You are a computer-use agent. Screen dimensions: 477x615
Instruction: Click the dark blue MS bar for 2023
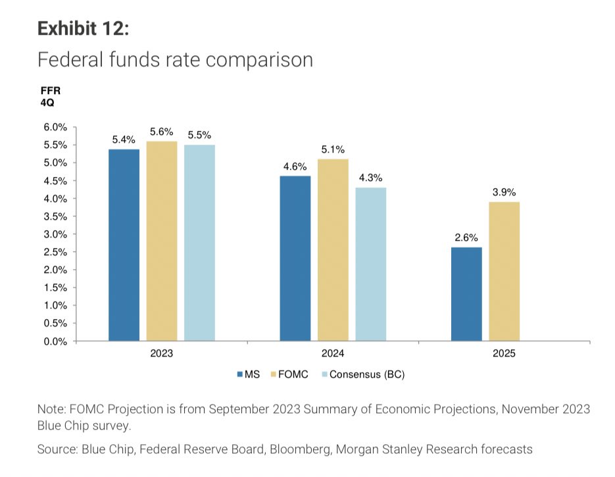pos(124,245)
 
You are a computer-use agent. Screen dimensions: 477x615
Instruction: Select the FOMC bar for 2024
pos(333,250)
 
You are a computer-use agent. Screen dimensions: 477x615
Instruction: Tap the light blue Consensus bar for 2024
pos(371,264)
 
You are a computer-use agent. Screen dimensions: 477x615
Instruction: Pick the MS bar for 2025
pos(466,294)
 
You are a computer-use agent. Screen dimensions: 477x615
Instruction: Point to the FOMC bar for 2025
pos(504,271)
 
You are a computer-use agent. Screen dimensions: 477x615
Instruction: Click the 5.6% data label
pos(162,132)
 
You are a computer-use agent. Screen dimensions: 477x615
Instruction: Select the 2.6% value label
pos(466,238)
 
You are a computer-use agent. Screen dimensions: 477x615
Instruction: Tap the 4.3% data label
pos(370,178)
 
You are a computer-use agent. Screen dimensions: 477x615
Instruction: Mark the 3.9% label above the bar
pos(504,191)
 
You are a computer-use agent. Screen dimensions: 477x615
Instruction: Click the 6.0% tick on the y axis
pos(56,127)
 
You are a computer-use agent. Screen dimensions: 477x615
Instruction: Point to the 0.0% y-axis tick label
pos(56,341)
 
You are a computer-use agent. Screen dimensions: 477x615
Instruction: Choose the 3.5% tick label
pos(56,216)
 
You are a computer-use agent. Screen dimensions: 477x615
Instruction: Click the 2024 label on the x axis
pos(333,353)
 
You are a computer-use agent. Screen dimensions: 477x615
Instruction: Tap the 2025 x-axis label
pos(504,353)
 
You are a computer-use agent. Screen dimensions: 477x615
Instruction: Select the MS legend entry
pos(248,374)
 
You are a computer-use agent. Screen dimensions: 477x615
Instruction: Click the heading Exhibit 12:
pos(83,29)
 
